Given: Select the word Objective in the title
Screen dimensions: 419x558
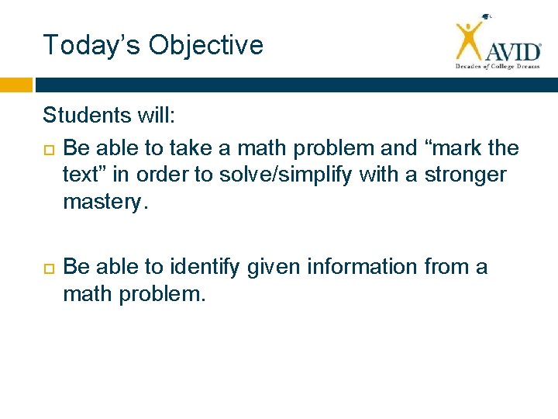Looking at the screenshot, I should [x=206, y=45].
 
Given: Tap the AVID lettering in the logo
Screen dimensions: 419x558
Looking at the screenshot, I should [x=513, y=52].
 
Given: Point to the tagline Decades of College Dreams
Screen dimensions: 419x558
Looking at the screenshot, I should [x=497, y=67].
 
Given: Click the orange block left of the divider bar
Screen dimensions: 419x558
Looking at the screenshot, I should [x=16, y=85].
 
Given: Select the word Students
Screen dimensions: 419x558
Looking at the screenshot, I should [x=87, y=116].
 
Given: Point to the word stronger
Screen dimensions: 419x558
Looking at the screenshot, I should [x=465, y=175].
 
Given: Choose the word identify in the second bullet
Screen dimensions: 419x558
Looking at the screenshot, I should [x=208, y=267].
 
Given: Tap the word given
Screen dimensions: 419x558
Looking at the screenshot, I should [x=276, y=267].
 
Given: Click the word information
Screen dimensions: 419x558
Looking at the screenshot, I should [x=363, y=267].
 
